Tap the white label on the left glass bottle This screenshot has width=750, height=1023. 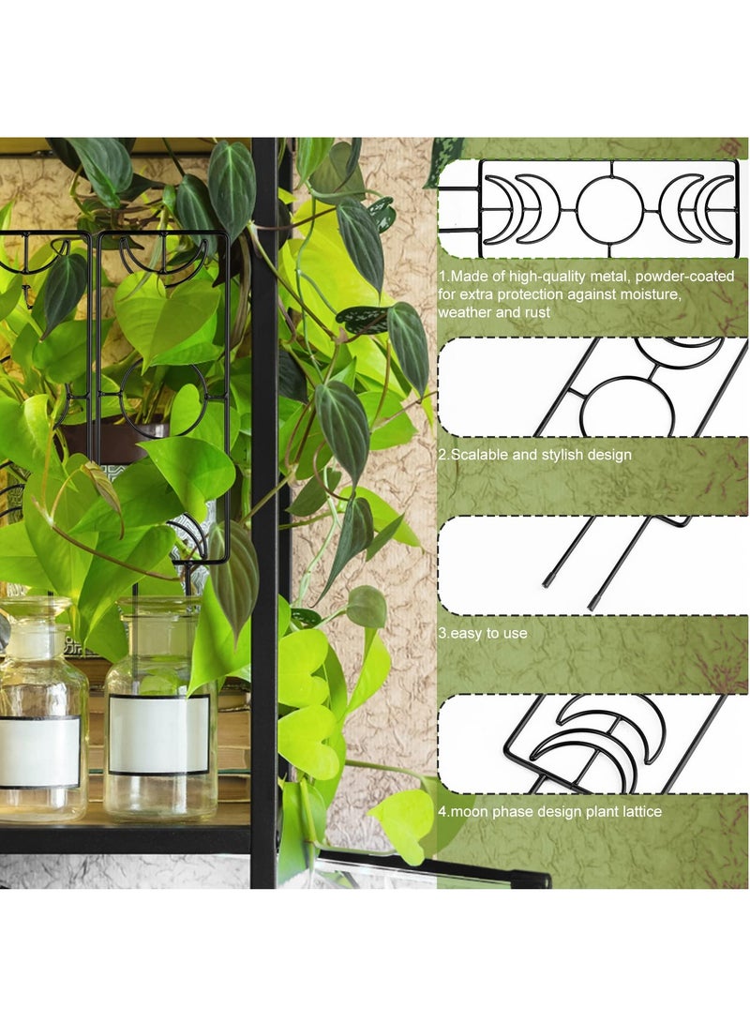39,751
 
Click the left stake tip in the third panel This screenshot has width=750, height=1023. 548,582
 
